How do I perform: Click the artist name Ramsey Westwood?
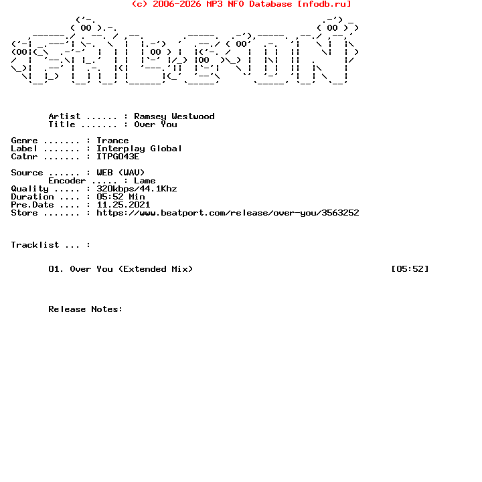pos(174,116)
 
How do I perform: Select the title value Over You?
pos(155,125)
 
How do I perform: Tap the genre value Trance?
pos(112,141)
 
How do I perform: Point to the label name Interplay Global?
pos(139,149)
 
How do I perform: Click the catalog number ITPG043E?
pos(118,157)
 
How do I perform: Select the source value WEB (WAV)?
pos(120,173)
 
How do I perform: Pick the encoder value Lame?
pos(145,181)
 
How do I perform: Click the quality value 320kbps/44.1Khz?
pos(137,189)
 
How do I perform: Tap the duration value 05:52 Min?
pos(120,197)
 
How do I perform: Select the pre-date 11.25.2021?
pos(123,205)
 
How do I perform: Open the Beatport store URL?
pos(228,213)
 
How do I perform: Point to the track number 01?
pos(56,269)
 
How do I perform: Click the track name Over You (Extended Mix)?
pos(131,269)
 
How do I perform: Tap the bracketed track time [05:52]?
pos(410,269)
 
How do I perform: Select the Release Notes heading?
pos(86,309)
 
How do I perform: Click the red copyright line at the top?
pos(241,4)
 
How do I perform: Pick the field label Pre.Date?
pos(32,205)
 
